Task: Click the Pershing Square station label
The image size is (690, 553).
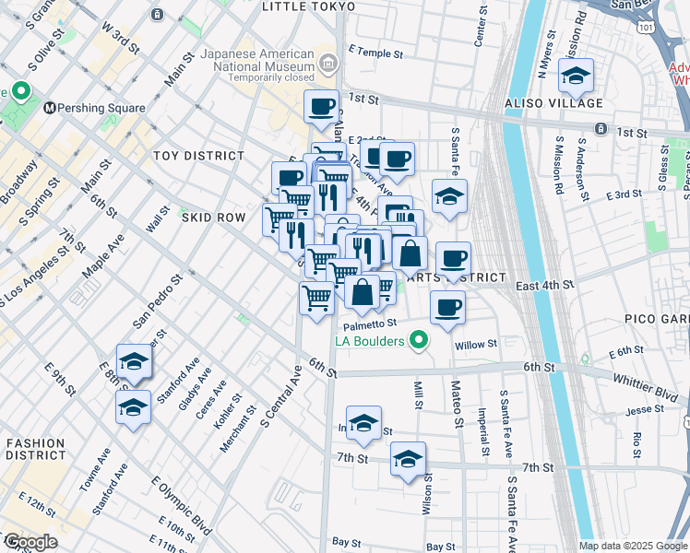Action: click(x=101, y=108)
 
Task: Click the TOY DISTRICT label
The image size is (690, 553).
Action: click(x=198, y=156)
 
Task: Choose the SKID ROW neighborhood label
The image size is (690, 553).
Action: click(x=213, y=218)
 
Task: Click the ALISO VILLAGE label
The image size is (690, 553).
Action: click(x=552, y=103)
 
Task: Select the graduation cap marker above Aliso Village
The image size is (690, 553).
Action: click(x=576, y=78)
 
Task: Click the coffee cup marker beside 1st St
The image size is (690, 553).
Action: click(x=321, y=107)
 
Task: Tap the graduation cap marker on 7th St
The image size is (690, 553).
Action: click(x=407, y=460)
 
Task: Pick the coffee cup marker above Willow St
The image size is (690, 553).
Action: click(x=447, y=309)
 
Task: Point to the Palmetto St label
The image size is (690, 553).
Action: click(x=370, y=324)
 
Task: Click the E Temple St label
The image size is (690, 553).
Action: click(x=375, y=53)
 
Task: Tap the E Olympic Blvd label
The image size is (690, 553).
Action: click(x=175, y=507)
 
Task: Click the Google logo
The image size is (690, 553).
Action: click(x=30, y=543)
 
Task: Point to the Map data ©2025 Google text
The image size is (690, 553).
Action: click(x=632, y=546)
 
